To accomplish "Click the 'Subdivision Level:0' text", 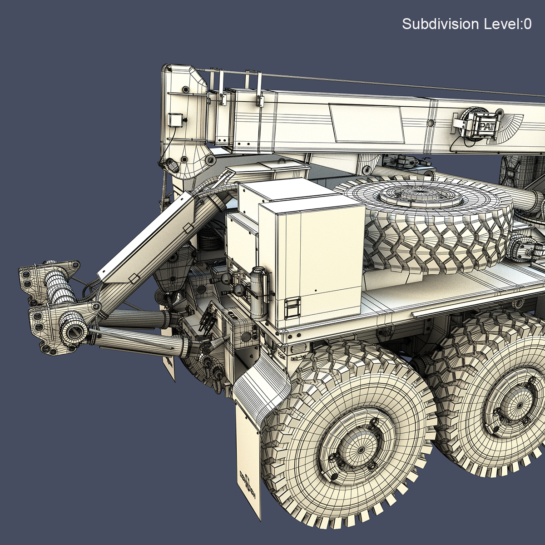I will click(466, 24).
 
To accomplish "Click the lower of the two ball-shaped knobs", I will click(239, 289).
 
